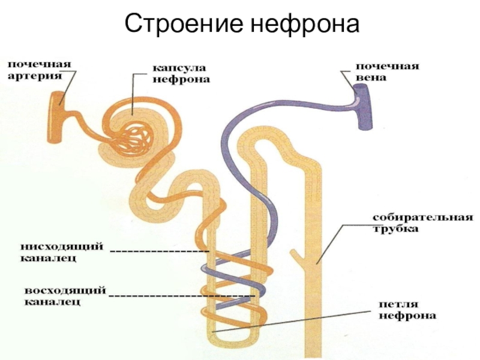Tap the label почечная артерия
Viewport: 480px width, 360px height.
pos(38,70)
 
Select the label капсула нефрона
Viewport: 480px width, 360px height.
pos(174,73)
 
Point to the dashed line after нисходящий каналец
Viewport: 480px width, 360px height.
pos(160,250)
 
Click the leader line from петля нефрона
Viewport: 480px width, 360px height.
pos(300,319)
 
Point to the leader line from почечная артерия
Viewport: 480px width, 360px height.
pos(68,87)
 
